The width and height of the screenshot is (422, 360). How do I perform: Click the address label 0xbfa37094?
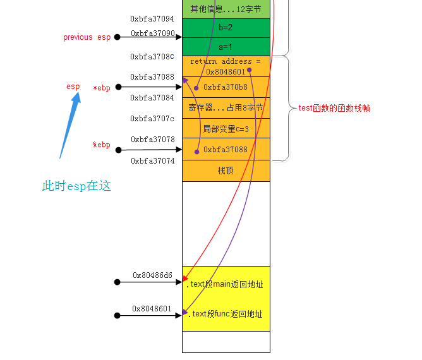(x=152, y=19)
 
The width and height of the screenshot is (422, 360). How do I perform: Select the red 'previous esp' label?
(x=87, y=37)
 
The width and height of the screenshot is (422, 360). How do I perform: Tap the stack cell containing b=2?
(x=226, y=28)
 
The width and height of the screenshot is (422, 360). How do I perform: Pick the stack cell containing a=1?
(x=226, y=47)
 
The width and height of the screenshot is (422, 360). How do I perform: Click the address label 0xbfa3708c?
(x=152, y=57)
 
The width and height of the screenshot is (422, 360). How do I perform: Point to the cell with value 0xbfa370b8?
(x=226, y=87)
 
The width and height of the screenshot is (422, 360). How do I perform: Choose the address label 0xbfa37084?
(x=152, y=98)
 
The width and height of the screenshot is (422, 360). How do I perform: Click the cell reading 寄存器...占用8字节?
(x=226, y=108)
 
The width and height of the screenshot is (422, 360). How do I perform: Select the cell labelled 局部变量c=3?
(x=226, y=129)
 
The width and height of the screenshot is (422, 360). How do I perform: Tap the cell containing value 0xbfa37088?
(x=226, y=150)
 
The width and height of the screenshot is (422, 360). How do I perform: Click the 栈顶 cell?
(x=226, y=171)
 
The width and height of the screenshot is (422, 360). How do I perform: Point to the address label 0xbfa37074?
(x=152, y=161)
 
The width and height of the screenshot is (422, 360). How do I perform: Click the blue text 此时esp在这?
(x=76, y=186)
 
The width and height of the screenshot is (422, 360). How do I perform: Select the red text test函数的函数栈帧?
(x=334, y=109)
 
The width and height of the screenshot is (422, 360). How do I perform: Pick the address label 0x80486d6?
(x=152, y=275)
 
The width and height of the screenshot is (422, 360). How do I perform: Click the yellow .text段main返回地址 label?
(x=225, y=284)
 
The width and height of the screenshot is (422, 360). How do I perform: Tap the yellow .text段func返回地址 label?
(x=225, y=314)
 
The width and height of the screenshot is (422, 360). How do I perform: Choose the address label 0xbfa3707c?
(x=152, y=119)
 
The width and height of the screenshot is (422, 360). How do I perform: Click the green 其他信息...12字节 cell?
(x=226, y=9)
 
